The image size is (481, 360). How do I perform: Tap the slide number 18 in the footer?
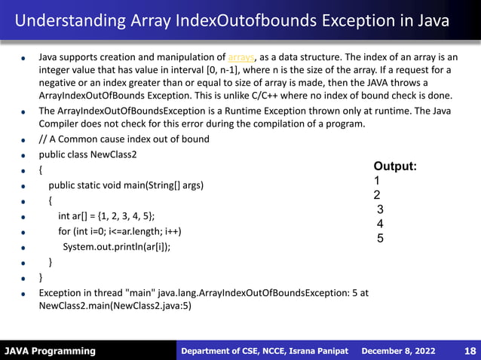[470, 351]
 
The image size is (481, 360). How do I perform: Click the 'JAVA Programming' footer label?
[50, 351]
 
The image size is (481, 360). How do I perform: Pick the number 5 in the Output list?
[381, 239]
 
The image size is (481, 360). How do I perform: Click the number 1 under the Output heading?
[377, 181]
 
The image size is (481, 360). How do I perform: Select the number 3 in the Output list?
[380, 209]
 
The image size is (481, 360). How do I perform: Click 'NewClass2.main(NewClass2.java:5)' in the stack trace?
[115, 307]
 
